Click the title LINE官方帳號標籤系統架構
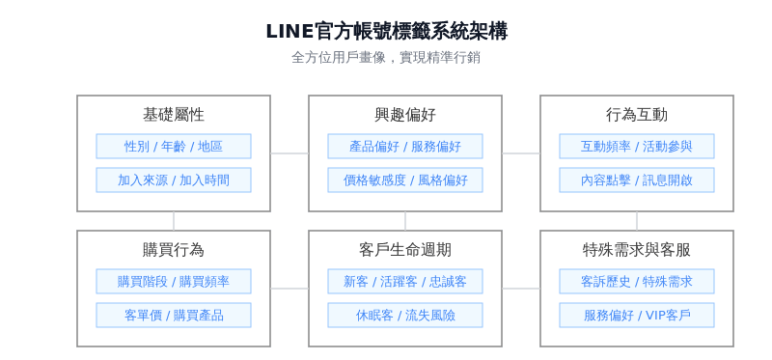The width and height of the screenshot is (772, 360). click(x=386, y=32)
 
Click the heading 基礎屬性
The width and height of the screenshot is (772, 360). click(x=174, y=115)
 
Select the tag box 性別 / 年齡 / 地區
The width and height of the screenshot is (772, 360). click(x=174, y=147)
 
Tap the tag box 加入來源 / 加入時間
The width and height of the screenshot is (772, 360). click(x=174, y=180)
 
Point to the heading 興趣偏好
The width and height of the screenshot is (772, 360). click(x=405, y=115)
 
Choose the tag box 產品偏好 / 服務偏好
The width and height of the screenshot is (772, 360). click(x=405, y=147)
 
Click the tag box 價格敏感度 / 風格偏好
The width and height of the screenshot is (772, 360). click(x=405, y=180)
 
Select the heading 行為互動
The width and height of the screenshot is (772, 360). click(x=637, y=115)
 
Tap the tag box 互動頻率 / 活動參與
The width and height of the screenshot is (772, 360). click(x=637, y=147)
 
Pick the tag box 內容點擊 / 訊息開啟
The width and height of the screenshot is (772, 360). click(x=637, y=180)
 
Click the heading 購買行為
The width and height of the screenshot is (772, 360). click(x=174, y=250)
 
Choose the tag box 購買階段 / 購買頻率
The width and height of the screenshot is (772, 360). click(x=174, y=282)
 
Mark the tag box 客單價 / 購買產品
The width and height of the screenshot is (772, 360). click(x=174, y=316)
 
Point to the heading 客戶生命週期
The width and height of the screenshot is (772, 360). click(x=405, y=250)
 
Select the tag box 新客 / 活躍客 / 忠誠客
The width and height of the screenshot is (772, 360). click(x=405, y=282)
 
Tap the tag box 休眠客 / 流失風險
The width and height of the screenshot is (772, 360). click(x=405, y=316)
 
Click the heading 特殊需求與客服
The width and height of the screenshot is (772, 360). click(x=637, y=250)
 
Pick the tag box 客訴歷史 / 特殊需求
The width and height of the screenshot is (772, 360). click(x=637, y=282)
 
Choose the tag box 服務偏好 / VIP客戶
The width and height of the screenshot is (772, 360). click(x=637, y=316)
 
